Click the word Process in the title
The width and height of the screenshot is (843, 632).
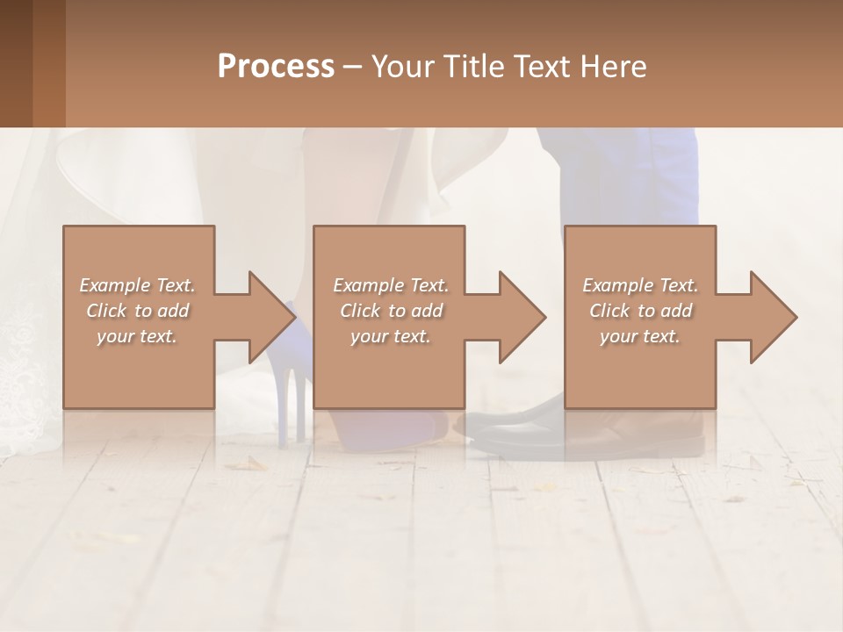276,67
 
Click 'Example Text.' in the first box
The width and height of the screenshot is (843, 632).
138,285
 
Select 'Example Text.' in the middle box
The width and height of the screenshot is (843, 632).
391,285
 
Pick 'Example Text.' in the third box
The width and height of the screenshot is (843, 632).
640,285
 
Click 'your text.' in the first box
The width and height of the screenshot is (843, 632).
138,336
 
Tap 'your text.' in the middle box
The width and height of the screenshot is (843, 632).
391,336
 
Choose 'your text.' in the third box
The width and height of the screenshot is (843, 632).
640,336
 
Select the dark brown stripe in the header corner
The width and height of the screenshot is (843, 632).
16,63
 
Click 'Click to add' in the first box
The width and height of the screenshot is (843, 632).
138,311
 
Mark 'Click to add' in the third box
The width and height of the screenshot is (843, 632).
640,311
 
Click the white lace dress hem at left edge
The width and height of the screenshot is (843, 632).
22,377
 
